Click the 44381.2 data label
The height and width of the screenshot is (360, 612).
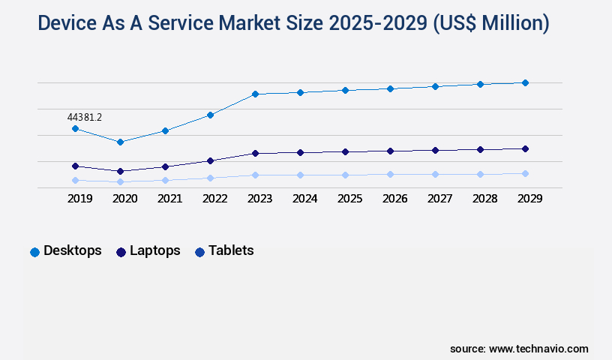(84, 117)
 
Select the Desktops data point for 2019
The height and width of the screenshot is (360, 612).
(75, 129)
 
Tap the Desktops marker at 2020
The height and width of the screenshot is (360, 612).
(120, 142)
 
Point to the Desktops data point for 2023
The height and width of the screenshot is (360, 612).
(255, 94)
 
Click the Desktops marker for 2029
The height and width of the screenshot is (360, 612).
(525, 82)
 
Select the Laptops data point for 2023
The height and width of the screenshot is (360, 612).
(255, 153)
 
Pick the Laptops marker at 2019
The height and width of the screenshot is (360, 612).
(75, 166)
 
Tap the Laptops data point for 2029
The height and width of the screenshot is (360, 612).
(525, 148)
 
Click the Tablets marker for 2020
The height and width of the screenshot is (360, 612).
(120, 181)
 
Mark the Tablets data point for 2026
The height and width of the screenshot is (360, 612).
(390, 174)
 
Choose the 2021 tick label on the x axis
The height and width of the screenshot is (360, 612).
(169, 199)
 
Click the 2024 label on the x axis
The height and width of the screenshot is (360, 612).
(304, 199)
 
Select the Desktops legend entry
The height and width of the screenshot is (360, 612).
(65, 250)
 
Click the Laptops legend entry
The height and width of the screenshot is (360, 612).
(148, 250)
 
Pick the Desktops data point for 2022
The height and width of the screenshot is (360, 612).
(210, 115)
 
